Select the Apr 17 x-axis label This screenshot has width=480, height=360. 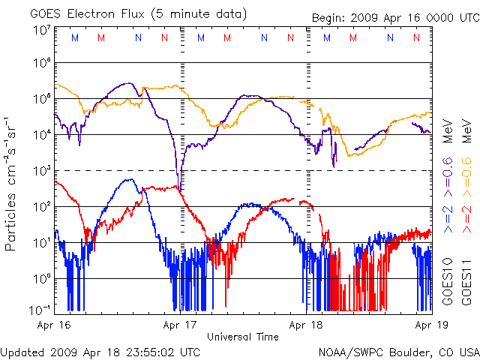coord(179,325)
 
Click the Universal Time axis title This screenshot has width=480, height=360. coord(242,337)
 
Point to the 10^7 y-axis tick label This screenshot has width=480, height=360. coord(40,30)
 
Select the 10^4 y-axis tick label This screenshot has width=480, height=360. coord(40,135)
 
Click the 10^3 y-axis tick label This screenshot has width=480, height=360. coord(40,171)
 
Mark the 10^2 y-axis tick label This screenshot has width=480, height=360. coord(40,207)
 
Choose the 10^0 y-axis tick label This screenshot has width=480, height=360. coord(40,278)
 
